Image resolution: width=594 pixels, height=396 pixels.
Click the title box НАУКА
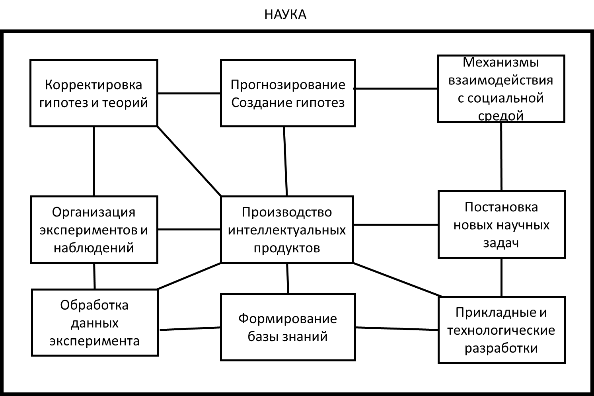coord(285,14)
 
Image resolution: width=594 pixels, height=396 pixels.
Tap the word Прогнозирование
coord(288,85)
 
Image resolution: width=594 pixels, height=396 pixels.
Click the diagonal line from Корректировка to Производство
coord(189,161)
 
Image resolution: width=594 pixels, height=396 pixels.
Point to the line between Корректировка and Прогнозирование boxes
coord(189,94)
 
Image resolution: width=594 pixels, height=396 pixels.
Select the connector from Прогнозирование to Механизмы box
coord(396,88)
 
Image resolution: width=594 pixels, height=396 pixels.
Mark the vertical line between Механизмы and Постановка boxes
coord(501,156)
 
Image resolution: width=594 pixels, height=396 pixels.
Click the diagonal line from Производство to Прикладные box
coord(396,279)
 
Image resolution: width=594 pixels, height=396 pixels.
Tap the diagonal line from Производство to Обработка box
coord(189,276)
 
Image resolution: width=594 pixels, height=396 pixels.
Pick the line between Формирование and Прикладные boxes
coord(397,328)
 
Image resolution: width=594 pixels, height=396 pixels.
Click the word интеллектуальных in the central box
coord(287,230)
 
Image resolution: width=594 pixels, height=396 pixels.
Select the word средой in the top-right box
coord(501,116)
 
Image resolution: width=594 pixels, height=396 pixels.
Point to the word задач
coord(501,243)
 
